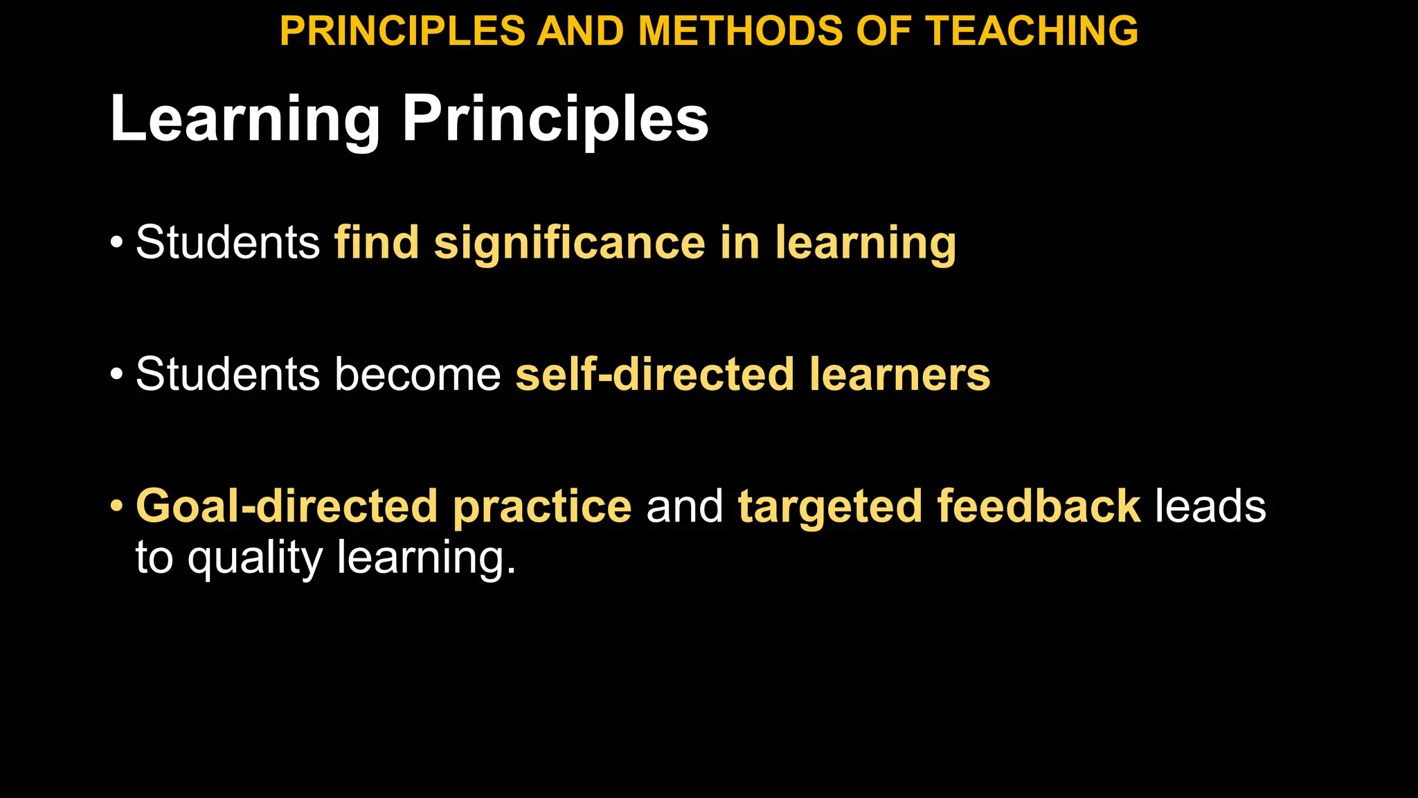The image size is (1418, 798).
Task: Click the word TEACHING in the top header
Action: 1032,31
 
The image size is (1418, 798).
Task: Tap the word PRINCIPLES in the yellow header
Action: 402,31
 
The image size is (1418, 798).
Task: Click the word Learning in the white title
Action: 245,119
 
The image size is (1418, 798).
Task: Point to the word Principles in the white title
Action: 555,119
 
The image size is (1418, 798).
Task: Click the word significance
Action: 569,243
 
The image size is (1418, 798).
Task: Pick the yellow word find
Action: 377,243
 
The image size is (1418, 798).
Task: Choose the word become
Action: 418,375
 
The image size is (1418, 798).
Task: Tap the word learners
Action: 899,375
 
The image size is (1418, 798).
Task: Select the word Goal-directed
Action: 287,506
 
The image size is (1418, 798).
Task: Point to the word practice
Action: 542,506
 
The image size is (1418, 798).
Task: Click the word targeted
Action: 829,506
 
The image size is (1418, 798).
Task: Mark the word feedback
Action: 1039,506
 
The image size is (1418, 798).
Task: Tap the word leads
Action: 1210,506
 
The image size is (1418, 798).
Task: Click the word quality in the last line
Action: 255,558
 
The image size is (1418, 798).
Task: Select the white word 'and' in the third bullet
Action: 684,506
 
